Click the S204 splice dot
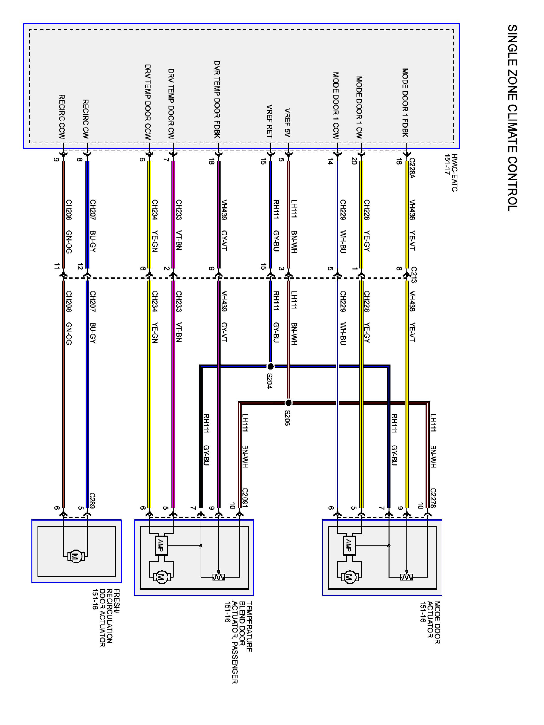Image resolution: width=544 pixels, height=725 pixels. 271,366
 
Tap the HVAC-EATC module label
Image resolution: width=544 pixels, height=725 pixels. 451,173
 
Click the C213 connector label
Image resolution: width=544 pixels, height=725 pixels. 414,275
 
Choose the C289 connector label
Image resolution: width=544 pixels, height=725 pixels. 92,500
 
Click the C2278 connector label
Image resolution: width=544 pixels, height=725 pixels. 433,498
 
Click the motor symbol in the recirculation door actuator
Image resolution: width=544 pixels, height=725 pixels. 76,556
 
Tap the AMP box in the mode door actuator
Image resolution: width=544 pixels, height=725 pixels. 349,545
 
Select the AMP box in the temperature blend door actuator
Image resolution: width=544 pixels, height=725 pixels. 161,545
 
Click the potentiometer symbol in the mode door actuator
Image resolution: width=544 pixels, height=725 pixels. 407,577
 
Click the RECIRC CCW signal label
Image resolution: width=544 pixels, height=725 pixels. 62,117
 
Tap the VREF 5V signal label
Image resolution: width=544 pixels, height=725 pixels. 287,122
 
